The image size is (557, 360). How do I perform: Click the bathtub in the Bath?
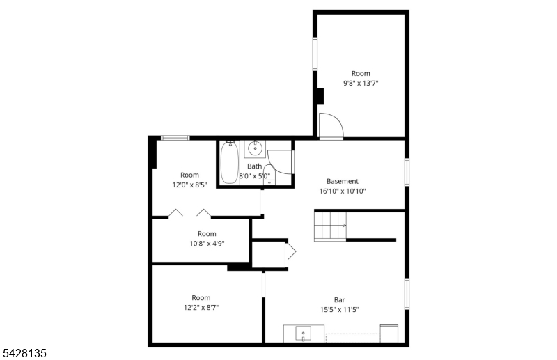[229, 162]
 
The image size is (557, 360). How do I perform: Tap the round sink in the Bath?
[255, 148]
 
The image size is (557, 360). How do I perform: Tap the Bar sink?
[303, 334]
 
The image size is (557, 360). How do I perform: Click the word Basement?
[343, 181]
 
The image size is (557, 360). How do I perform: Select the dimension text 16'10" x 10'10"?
[343, 191]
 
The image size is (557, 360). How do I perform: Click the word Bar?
[339, 300]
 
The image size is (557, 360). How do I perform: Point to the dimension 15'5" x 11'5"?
[339, 310]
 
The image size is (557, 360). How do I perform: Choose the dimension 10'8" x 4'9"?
[207, 244]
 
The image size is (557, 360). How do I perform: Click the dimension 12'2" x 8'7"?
[201, 307]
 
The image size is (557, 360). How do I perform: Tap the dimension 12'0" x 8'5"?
[189, 185]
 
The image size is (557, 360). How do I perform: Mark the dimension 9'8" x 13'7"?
[361, 83]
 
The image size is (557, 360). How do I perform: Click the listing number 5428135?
[24, 353]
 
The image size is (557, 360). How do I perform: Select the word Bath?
[254, 166]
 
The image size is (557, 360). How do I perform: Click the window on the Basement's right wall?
[407, 172]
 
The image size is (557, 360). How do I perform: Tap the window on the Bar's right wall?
[407, 294]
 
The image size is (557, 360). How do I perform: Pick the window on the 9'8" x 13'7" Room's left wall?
[315, 54]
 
